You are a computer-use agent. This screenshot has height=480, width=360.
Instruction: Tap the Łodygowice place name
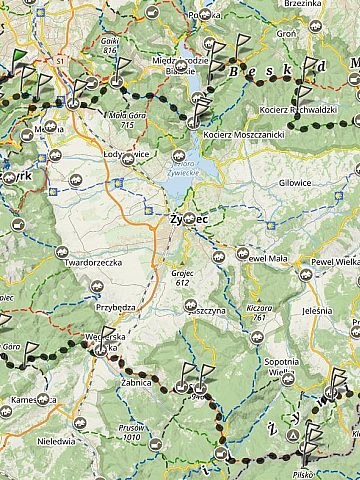(x=126, y=155)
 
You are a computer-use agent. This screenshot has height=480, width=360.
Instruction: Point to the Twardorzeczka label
(x=92, y=263)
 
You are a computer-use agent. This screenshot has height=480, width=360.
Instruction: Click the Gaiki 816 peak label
(x=109, y=45)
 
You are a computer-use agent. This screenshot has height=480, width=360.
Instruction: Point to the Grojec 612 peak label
(x=180, y=277)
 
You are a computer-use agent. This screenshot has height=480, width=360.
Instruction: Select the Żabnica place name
(x=132, y=382)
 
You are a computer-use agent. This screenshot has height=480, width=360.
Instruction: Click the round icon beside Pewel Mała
(x=243, y=254)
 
